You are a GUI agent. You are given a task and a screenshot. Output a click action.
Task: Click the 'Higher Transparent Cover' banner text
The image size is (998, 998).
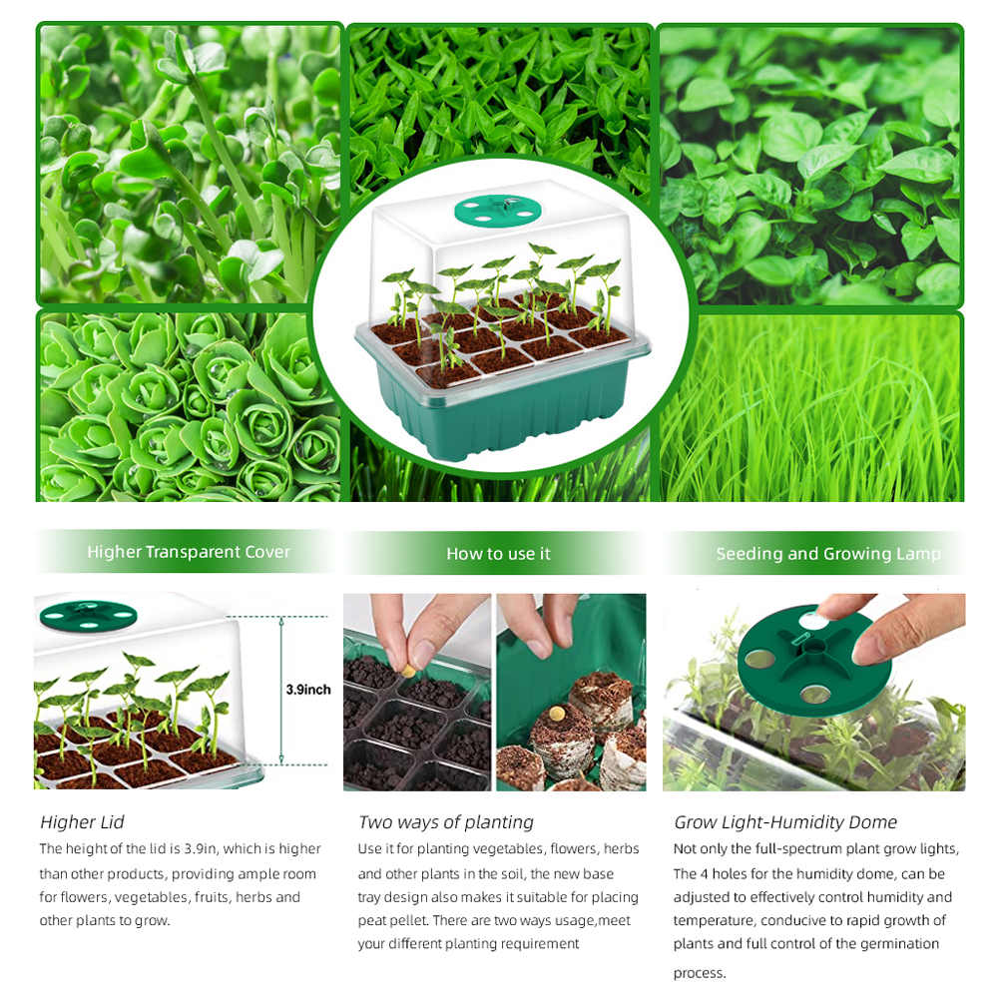point(189,552)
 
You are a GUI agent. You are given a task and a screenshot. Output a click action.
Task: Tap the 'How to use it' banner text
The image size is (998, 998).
point(498,554)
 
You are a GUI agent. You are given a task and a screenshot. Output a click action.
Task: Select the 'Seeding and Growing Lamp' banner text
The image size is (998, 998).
point(828,554)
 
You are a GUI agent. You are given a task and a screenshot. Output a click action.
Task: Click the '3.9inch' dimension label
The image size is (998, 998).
point(308,690)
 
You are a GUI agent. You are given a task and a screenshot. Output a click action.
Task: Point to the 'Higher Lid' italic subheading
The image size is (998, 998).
point(82,822)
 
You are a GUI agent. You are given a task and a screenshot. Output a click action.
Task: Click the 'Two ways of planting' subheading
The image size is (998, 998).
point(445,822)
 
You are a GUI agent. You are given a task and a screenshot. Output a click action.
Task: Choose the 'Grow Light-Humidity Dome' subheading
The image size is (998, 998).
point(785,822)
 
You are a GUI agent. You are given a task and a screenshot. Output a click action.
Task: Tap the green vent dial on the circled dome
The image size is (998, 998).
point(498,210)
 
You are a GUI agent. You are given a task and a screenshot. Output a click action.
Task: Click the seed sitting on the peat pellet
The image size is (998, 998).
point(558,713)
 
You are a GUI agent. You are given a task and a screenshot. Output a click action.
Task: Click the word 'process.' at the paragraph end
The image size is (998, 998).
point(700,973)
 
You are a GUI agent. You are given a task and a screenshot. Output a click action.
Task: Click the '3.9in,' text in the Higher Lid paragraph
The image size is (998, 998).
point(201,849)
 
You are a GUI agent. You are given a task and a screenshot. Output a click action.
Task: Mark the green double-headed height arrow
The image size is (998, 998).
point(281,691)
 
